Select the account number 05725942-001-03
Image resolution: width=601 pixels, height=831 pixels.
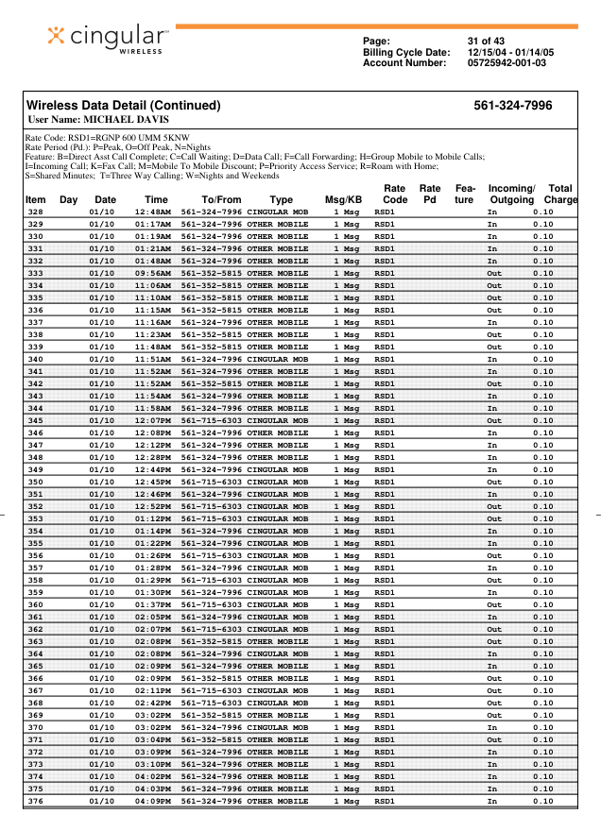507,63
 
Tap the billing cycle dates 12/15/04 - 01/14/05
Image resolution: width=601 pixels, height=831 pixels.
511,52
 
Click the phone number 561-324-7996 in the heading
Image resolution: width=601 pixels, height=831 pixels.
513,106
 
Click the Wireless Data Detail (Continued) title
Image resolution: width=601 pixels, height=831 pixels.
123,106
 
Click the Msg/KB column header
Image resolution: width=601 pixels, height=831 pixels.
343,200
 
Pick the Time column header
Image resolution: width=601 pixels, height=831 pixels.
156,200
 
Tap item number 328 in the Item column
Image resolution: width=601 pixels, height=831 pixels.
35,212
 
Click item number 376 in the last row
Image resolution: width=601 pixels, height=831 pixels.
35,801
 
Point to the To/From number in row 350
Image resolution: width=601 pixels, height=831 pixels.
212,482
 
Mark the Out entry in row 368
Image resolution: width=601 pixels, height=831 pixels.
494,703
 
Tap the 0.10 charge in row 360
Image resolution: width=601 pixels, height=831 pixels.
542,604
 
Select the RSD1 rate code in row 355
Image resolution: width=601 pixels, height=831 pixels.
385,543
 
